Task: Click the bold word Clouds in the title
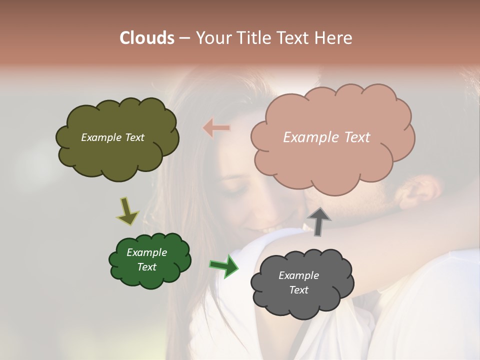point(147,38)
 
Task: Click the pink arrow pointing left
point(216,128)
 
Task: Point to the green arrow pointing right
point(223,266)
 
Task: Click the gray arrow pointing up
point(319,221)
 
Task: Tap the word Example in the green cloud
point(147,252)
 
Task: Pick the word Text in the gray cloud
point(299,290)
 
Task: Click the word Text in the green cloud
point(147,267)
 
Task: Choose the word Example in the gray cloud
point(299,275)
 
